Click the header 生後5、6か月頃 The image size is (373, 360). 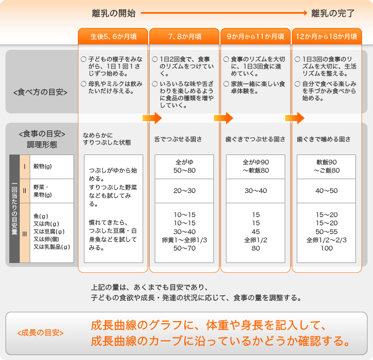click(113, 36)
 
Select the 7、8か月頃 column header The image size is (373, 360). click(184, 36)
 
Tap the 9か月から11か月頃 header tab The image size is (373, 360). click(256, 36)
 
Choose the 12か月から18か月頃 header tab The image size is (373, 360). click(327, 36)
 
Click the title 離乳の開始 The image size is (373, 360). click(114, 13)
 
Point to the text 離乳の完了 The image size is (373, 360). click(333, 13)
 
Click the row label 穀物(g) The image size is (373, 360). click(42, 167)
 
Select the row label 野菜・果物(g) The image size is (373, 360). click(42, 191)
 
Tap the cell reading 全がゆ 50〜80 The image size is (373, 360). click(184, 167)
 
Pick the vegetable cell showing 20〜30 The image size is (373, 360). click(184, 191)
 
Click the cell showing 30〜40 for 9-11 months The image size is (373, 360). click(256, 191)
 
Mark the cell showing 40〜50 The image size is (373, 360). click(326, 191)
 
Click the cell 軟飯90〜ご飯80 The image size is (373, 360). click(326, 167)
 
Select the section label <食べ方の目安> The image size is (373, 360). click(41, 92)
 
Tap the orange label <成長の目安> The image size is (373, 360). click(41, 333)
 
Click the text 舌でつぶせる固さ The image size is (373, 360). click(178, 139)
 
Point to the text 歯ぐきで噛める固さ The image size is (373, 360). click(324, 139)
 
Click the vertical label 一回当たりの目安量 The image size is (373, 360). click(14, 208)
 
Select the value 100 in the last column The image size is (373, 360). click(326, 248)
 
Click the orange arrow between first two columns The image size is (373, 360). click(152, 118)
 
